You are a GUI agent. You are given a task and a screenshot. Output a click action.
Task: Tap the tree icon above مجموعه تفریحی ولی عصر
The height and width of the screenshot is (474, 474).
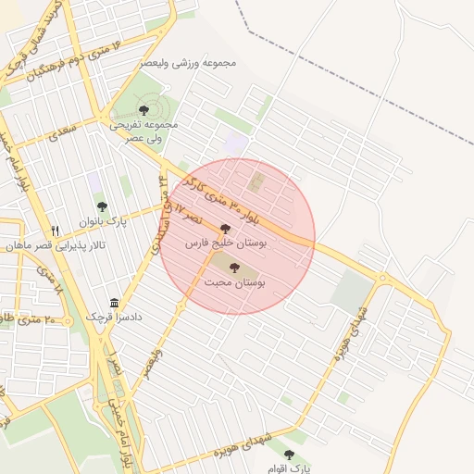pos(143,109)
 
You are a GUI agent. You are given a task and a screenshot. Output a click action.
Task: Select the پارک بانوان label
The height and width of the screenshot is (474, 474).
pos(102,222)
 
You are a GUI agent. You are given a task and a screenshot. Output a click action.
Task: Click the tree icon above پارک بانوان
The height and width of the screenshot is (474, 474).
pos(101,206)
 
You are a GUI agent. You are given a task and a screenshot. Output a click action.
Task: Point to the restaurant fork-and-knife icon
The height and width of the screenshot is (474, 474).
pos(56,231)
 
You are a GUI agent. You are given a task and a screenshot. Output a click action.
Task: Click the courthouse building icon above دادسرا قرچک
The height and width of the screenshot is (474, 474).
pos(114,303)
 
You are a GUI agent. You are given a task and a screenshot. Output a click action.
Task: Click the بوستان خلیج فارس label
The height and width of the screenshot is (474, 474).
pos(227,243)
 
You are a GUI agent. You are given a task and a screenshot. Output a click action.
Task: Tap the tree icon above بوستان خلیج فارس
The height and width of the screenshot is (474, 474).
pos(226,228)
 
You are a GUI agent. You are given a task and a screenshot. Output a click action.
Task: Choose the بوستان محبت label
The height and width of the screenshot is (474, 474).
pos(234,283)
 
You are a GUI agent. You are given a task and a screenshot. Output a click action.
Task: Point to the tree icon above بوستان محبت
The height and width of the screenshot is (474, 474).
pos(234,268)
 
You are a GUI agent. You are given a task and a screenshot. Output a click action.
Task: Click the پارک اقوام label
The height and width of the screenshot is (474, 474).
pos(290,468)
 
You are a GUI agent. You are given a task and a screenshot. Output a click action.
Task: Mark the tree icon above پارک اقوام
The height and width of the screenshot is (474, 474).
pos(290,455)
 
